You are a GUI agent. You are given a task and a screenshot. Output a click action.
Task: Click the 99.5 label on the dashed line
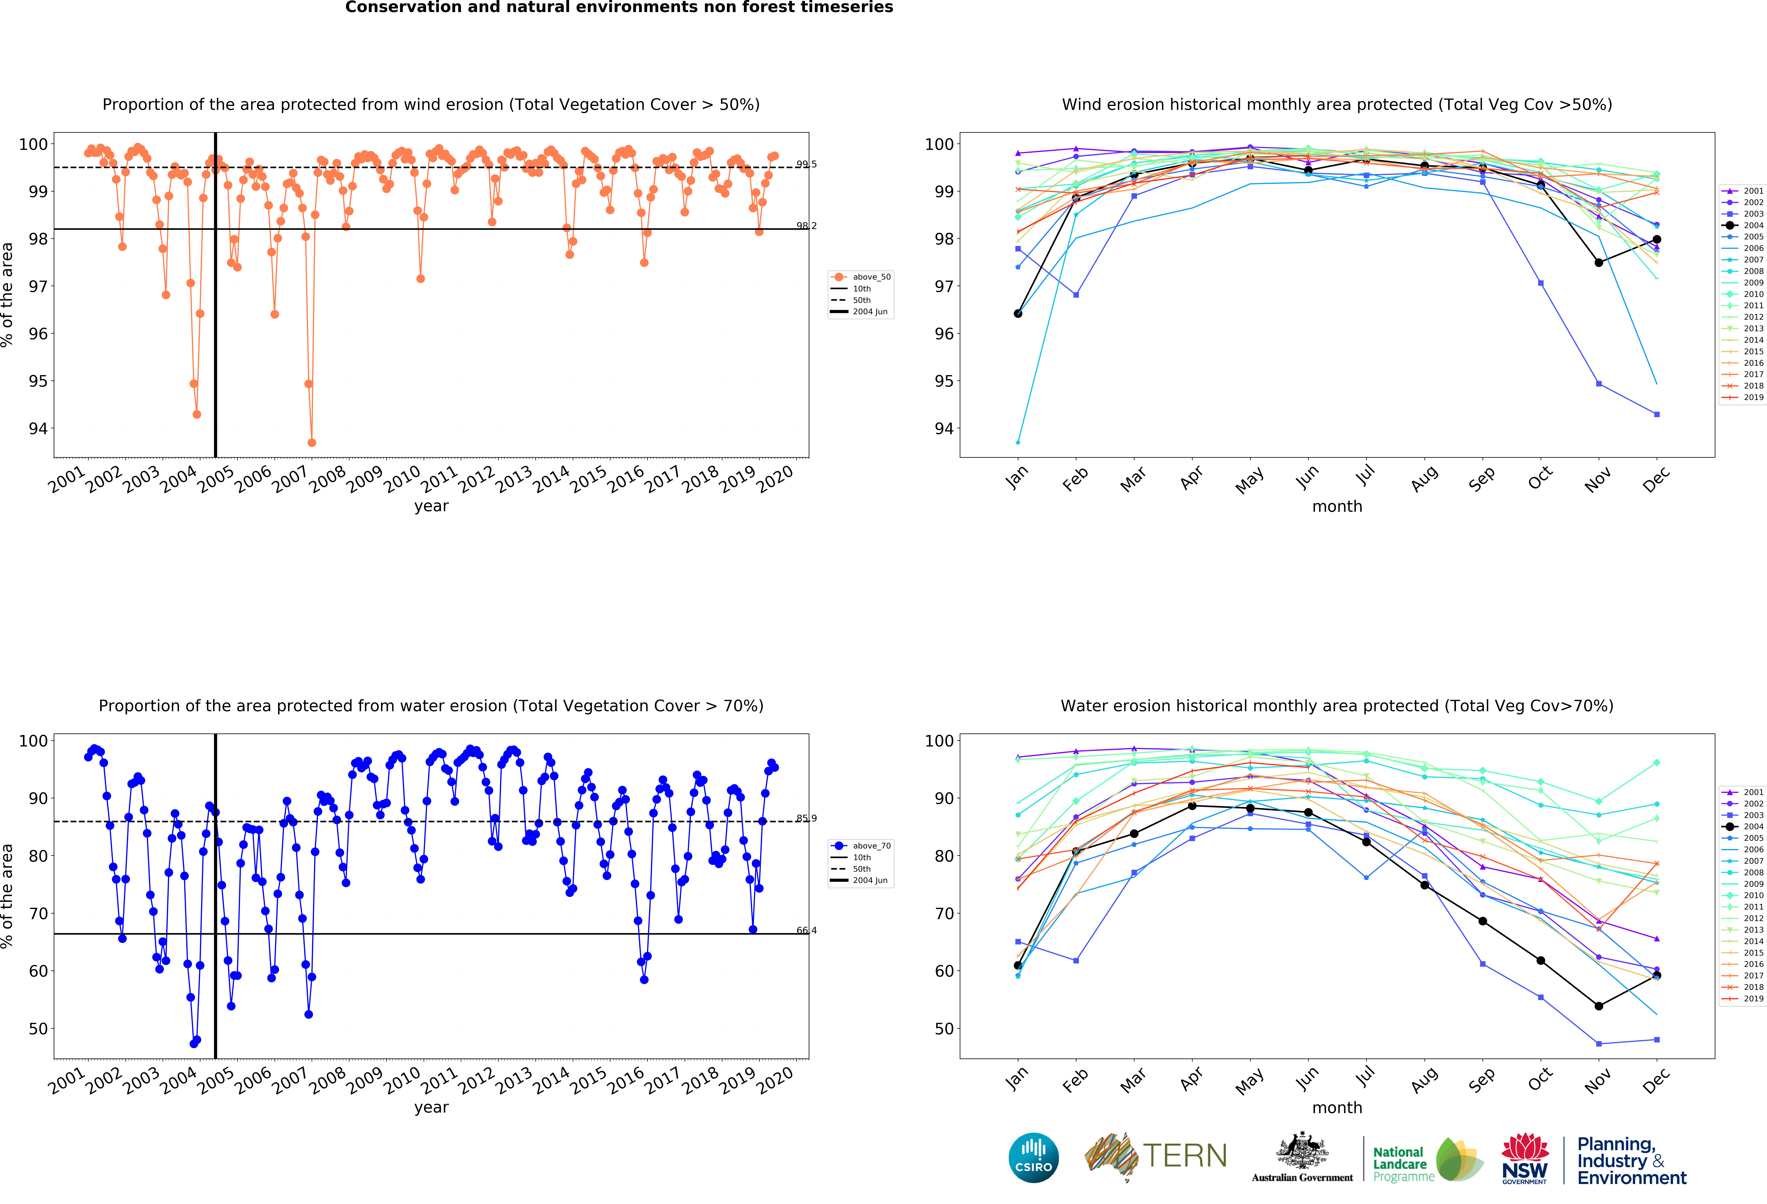(806, 164)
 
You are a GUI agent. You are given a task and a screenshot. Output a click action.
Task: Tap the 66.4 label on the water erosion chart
(806, 930)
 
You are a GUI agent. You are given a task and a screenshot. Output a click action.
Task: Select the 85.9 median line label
(806, 819)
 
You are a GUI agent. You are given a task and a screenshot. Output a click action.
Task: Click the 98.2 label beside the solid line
(806, 226)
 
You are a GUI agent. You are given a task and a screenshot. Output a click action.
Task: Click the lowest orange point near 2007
(312, 442)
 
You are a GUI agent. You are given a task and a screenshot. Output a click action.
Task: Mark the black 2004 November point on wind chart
(1599, 262)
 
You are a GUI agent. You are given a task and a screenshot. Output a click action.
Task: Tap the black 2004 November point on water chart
(1599, 1006)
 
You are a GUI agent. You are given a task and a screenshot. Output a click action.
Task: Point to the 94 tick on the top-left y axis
(38, 429)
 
